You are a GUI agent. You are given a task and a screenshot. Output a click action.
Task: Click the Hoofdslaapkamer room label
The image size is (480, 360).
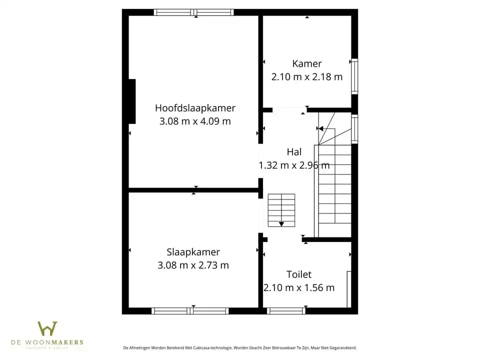(x=195, y=108)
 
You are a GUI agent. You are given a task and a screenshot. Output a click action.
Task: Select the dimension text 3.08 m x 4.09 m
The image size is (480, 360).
(x=195, y=121)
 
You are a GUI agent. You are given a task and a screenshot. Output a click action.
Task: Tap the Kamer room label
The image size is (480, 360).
(x=307, y=63)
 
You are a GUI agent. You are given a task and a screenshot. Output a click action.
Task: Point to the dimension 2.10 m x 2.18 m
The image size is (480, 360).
(x=307, y=76)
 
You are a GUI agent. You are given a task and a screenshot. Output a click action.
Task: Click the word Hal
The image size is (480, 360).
(x=294, y=152)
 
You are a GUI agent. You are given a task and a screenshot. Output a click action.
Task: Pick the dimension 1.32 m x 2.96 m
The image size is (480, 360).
(x=294, y=165)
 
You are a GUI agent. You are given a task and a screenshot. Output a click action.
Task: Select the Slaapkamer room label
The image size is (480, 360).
(x=193, y=252)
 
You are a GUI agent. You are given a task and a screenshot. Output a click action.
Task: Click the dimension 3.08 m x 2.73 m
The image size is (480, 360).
(x=193, y=265)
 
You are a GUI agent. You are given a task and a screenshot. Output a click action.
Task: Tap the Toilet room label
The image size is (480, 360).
(x=299, y=274)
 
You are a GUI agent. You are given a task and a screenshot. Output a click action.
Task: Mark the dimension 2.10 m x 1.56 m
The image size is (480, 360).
(x=299, y=287)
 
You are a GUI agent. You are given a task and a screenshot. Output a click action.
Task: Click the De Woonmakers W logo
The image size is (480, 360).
(x=47, y=328)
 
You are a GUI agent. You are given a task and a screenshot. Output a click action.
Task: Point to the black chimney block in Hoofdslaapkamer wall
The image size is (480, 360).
(x=132, y=101)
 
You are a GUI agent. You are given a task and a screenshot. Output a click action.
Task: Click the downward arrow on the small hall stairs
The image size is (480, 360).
(x=281, y=224)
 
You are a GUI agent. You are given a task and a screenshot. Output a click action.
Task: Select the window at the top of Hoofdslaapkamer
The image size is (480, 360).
(x=193, y=12)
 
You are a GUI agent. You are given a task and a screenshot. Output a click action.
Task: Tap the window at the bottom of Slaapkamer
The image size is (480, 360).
(x=190, y=310)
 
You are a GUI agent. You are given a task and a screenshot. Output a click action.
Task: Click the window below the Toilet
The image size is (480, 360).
(x=286, y=310)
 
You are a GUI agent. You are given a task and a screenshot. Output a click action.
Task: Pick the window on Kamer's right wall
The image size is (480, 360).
(x=354, y=76)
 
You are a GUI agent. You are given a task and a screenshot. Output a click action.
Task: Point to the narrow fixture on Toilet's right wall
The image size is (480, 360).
(x=349, y=289)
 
